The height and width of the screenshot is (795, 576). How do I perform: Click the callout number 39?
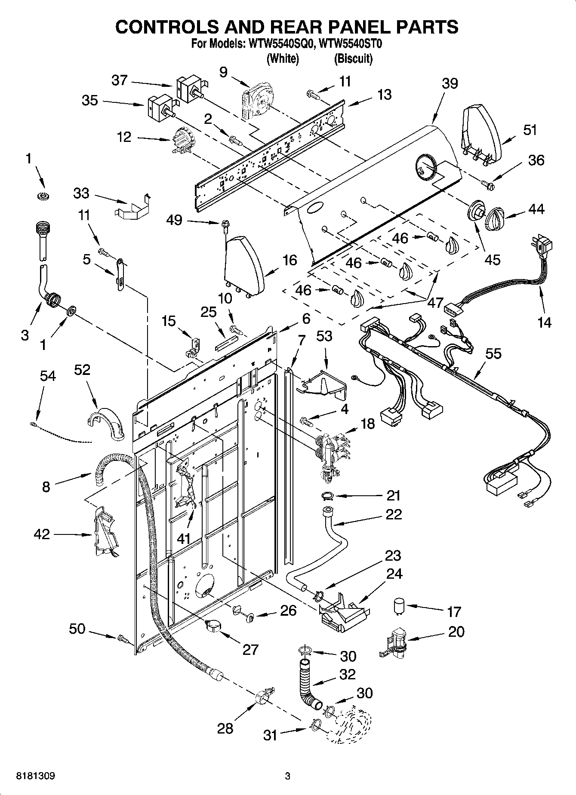click(x=450, y=83)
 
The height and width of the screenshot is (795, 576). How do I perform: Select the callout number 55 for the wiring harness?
click(x=493, y=353)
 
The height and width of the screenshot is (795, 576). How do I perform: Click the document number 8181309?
click(x=35, y=776)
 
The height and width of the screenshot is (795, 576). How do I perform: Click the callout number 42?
click(x=42, y=534)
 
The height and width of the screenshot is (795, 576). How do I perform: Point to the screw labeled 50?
click(x=123, y=639)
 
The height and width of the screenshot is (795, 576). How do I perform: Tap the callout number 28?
click(x=225, y=728)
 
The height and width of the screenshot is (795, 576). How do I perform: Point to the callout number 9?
click(x=223, y=72)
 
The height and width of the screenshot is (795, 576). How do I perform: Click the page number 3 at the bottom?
click(x=287, y=776)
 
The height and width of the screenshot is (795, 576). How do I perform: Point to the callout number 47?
click(x=435, y=303)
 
